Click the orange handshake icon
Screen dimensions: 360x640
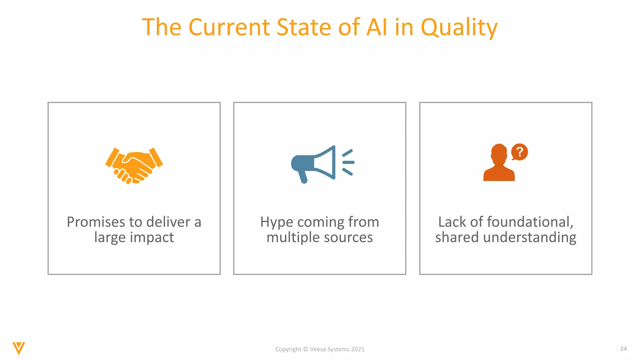(134, 165)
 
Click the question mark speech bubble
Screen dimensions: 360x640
(519, 152)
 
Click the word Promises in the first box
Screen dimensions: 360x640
(96, 222)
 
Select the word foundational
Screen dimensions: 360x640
(530, 222)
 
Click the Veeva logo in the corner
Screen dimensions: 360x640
(19, 348)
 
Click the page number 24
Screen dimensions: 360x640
(623, 348)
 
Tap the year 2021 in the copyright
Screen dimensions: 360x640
(357, 349)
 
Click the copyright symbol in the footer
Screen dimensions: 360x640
(306, 349)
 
